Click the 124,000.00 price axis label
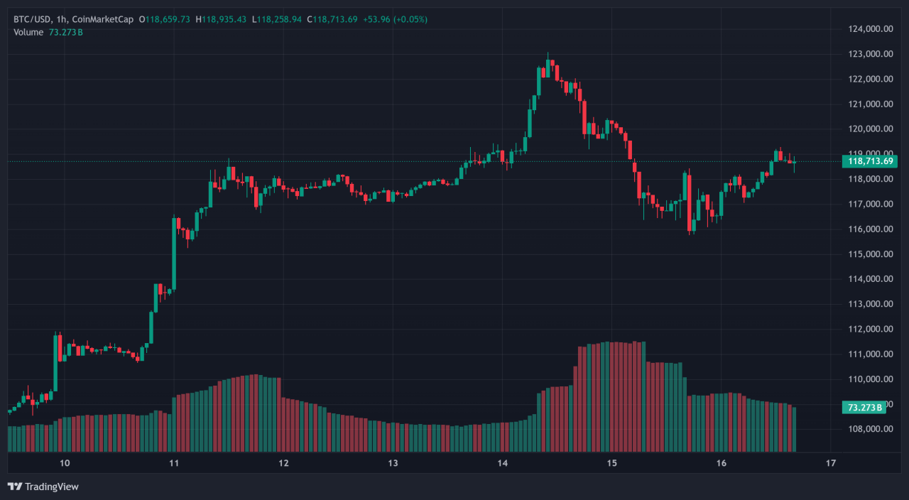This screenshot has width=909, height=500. coord(871,29)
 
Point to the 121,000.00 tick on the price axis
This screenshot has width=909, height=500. coord(871,104)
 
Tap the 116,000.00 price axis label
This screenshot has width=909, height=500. coord(871,229)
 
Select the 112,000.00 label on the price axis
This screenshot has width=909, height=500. coord(871,330)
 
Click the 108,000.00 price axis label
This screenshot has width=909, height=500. coord(871,429)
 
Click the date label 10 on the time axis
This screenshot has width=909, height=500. coord(65,464)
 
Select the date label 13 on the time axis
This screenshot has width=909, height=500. coord(393,464)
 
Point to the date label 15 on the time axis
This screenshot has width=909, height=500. coord(611,464)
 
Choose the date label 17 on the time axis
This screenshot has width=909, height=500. coord(830,464)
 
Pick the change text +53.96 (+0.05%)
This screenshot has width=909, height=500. coord(395,19)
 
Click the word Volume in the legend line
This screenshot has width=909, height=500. coord(28,33)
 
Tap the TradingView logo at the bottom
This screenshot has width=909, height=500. coord(43,487)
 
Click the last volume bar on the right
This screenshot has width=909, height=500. coord(794,430)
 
